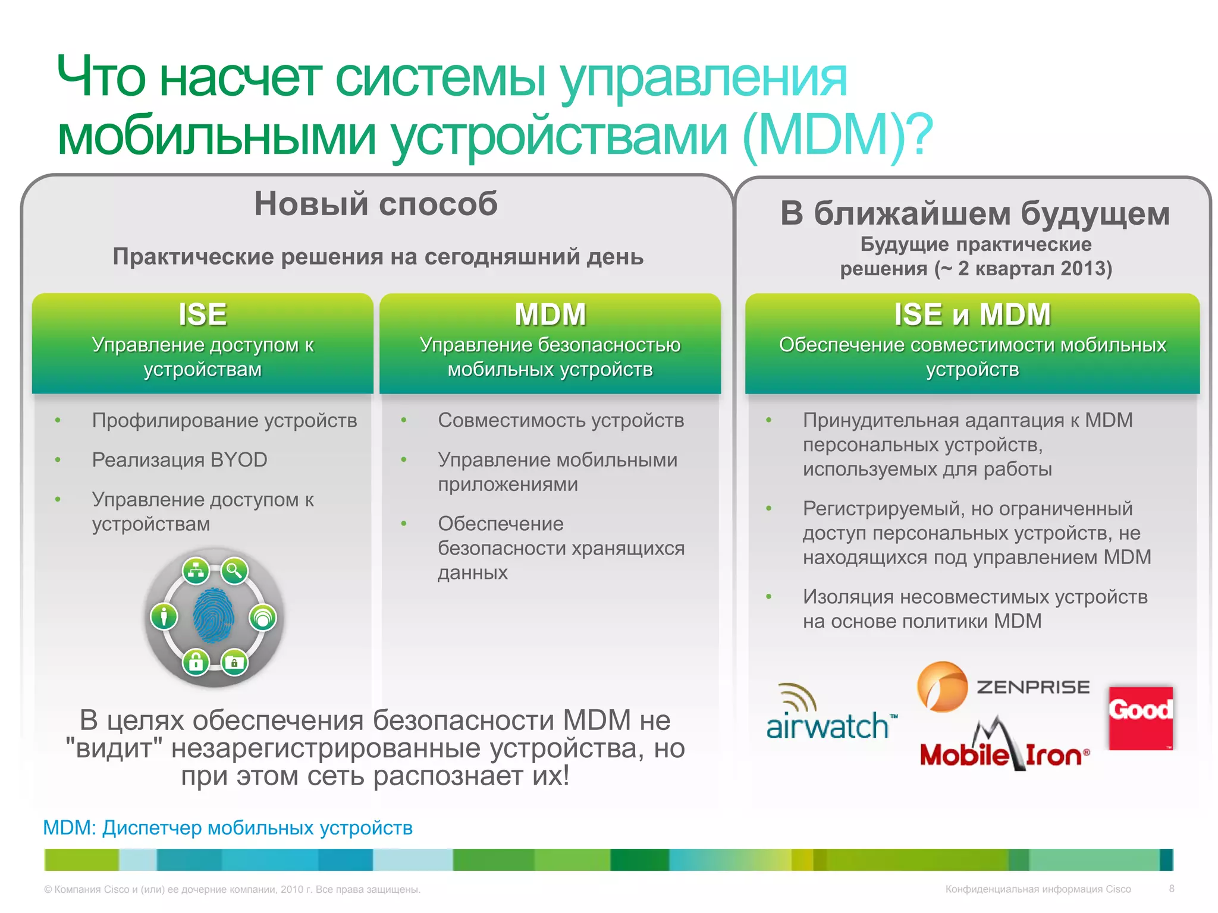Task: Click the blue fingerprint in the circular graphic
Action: click(x=213, y=616)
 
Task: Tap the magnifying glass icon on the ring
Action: click(x=234, y=571)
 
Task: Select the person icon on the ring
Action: click(x=164, y=616)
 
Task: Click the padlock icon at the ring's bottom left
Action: click(x=196, y=661)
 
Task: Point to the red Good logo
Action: click(x=1141, y=717)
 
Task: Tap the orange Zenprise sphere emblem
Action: click(x=942, y=687)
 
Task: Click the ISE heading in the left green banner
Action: click(x=203, y=314)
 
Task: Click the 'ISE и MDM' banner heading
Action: click(x=972, y=314)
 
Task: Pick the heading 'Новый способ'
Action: click(x=376, y=204)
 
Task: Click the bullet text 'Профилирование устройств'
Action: click(x=224, y=420)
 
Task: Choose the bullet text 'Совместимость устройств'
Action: click(x=561, y=420)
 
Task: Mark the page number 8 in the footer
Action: click(x=1171, y=889)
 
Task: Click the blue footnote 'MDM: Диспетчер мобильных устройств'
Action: click(x=228, y=827)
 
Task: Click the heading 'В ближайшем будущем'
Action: click(x=975, y=213)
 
